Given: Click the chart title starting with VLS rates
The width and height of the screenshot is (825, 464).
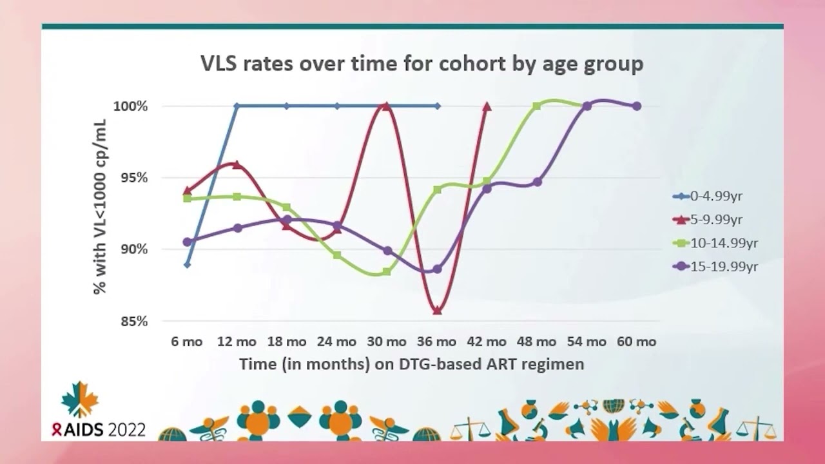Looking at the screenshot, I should [422, 64].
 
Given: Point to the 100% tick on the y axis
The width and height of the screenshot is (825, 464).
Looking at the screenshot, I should [130, 106].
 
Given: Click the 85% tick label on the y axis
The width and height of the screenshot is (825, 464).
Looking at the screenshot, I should [133, 321].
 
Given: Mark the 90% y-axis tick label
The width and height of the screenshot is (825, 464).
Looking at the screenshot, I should [133, 249].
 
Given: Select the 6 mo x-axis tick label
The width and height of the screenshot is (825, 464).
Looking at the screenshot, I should [186, 342].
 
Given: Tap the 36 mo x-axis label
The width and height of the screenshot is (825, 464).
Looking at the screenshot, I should [437, 342].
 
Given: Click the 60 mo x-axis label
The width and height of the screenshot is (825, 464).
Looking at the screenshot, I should [637, 342].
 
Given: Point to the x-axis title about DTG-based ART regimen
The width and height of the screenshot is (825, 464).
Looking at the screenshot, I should [411, 364].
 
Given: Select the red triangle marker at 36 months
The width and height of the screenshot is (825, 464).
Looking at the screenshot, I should [437, 310].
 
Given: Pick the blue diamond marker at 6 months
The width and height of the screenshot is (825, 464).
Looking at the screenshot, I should [187, 264].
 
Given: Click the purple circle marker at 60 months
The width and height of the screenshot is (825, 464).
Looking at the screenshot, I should [637, 106].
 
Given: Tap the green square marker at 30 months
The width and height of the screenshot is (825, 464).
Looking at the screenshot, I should [387, 271].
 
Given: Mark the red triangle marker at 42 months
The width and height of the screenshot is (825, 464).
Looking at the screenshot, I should [487, 106].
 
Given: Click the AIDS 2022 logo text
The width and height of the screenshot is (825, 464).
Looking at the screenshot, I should [100, 429].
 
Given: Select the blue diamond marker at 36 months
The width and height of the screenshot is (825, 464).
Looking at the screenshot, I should [437, 106].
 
